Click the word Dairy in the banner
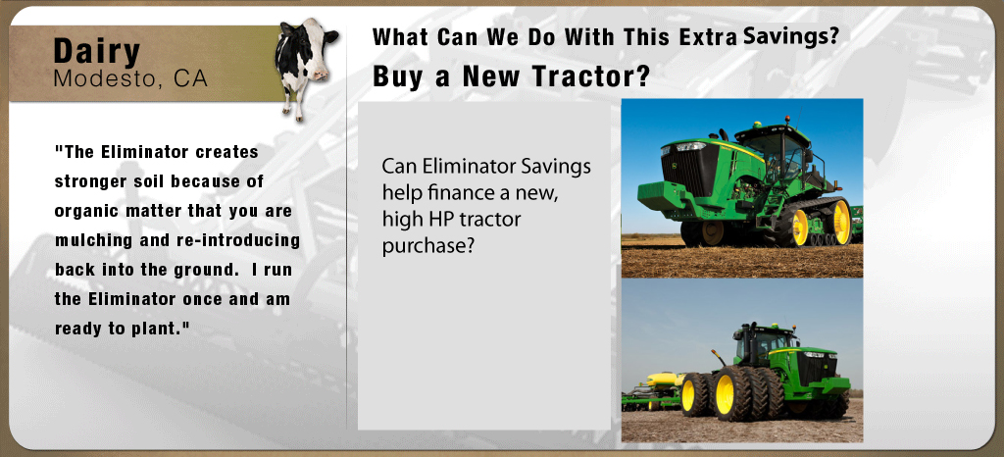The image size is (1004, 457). pyautogui.click(x=97, y=51)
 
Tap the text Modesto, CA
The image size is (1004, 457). pyautogui.click(x=130, y=78)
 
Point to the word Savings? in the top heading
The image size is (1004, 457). pyautogui.click(x=791, y=36)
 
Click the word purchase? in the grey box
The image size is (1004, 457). pyautogui.click(x=427, y=246)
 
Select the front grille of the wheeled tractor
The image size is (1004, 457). pyautogui.click(x=816, y=370)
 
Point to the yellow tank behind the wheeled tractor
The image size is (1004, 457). pyautogui.click(x=664, y=381)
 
